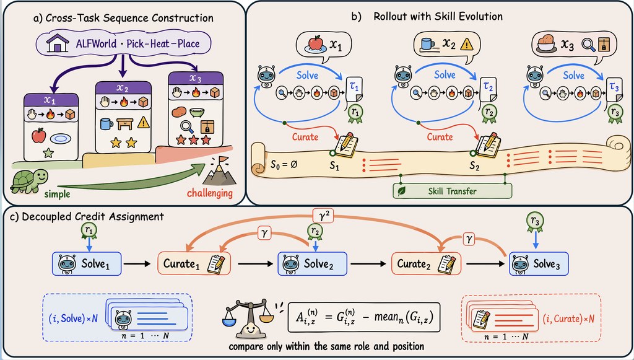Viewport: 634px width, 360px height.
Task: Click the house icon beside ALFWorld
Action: pos(57,43)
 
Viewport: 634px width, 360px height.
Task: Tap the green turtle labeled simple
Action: pos(29,181)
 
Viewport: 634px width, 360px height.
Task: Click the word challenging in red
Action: pos(210,193)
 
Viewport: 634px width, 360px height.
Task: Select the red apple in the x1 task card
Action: pos(39,136)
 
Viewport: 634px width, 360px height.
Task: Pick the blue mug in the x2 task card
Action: pos(106,123)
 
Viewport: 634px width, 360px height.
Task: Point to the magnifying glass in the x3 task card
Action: pos(187,126)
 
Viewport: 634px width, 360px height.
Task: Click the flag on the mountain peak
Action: pos(223,160)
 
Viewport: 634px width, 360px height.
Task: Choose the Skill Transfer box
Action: pos(453,191)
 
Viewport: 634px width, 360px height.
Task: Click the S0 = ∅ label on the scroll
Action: pos(284,165)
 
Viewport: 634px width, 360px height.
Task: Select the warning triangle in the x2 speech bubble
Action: pos(467,44)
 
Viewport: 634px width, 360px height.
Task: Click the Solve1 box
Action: pos(87,264)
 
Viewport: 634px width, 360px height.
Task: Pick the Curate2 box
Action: pos(426,264)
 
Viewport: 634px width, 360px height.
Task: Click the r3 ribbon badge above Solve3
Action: pos(535,223)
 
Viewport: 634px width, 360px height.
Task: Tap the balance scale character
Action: pos(248,320)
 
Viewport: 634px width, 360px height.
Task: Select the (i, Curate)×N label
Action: pos(568,318)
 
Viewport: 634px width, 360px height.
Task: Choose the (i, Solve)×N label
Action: pos(73,318)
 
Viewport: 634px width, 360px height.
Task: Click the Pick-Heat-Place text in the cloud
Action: pos(163,43)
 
